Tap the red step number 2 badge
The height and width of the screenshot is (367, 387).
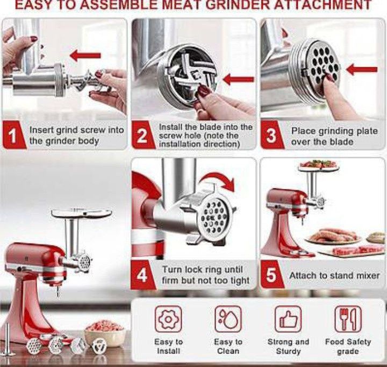[x=142, y=136]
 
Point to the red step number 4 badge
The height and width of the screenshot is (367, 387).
[x=142, y=274]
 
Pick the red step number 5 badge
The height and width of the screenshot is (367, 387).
[x=271, y=274]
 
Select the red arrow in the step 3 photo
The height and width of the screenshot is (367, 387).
[x=361, y=69]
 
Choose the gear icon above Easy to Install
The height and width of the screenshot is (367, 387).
[x=168, y=320]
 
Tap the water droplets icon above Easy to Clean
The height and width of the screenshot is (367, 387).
[x=228, y=320]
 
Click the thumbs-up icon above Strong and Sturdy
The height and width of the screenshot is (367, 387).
[x=288, y=320]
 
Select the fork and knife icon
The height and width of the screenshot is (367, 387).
[x=348, y=320]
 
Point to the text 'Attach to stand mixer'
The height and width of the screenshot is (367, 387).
[x=334, y=276]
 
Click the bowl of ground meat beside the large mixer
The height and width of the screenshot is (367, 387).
[x=105, y=328]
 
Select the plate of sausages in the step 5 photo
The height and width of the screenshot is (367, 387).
[x=330, y=236]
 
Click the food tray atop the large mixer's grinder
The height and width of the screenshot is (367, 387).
[x=81, y=213]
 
